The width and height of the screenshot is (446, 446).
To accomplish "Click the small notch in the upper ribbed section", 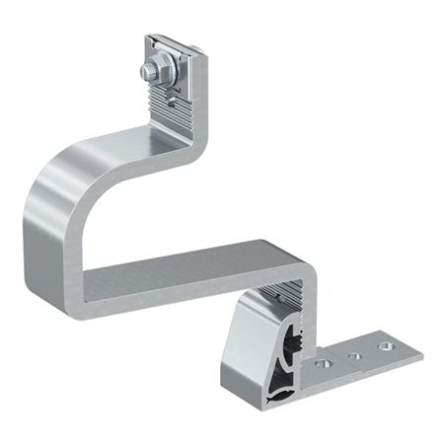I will (177, 96).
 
